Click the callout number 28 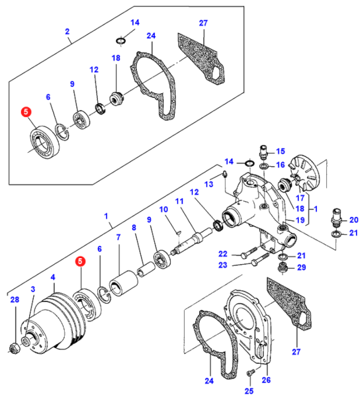coord(15,300)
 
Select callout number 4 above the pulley coord(53,277)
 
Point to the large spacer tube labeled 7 coord(123,283)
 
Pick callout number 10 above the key coord(163,209)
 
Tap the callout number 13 coord(209,184)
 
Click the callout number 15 coord(280,151)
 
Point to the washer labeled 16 coord(264,166)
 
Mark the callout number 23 coord(223,265)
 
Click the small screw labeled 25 coord(250,373)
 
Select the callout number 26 coord(266,380)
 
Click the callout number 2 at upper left coord(67,31)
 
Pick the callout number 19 coord(300,220)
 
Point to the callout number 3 coord(33,289)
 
